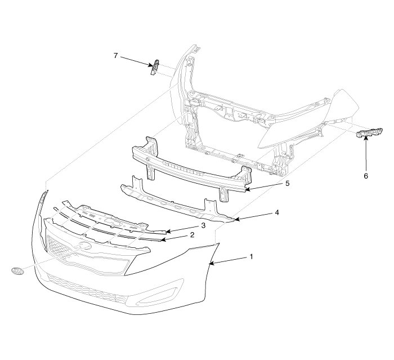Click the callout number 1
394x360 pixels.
(251, 256)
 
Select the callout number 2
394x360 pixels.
(192, 234)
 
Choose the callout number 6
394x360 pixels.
(366, 175)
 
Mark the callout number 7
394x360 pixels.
(115, 55)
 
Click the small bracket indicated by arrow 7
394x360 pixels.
(154, 68)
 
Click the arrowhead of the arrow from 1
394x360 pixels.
(211, 263)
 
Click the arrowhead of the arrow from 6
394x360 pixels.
(365, 138)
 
